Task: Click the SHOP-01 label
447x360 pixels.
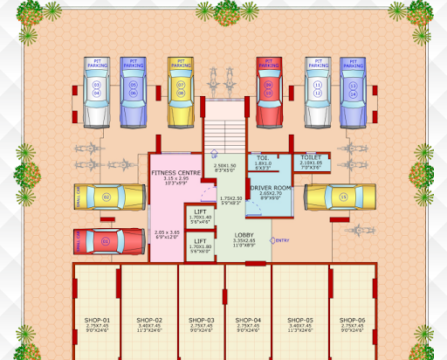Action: click(96, 321)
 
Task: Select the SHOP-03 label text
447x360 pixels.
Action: click(200, 321)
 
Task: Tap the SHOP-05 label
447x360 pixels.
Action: click(299, 321)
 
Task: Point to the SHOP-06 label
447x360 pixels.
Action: click(352, 321)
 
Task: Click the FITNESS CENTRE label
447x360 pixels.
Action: click(175, 173)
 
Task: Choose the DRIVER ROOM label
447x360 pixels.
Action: click(270, 188)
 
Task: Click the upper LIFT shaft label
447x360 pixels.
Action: click(200, 212)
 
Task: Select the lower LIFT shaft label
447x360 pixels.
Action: click(200, 241)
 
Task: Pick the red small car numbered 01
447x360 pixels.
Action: click(109, 240)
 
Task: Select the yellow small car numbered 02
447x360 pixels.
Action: click(109, 197)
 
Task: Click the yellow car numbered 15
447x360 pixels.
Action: click(340, 197)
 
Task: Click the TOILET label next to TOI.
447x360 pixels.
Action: click(311, 158)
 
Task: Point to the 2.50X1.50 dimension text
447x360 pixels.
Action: click(224, 166)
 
